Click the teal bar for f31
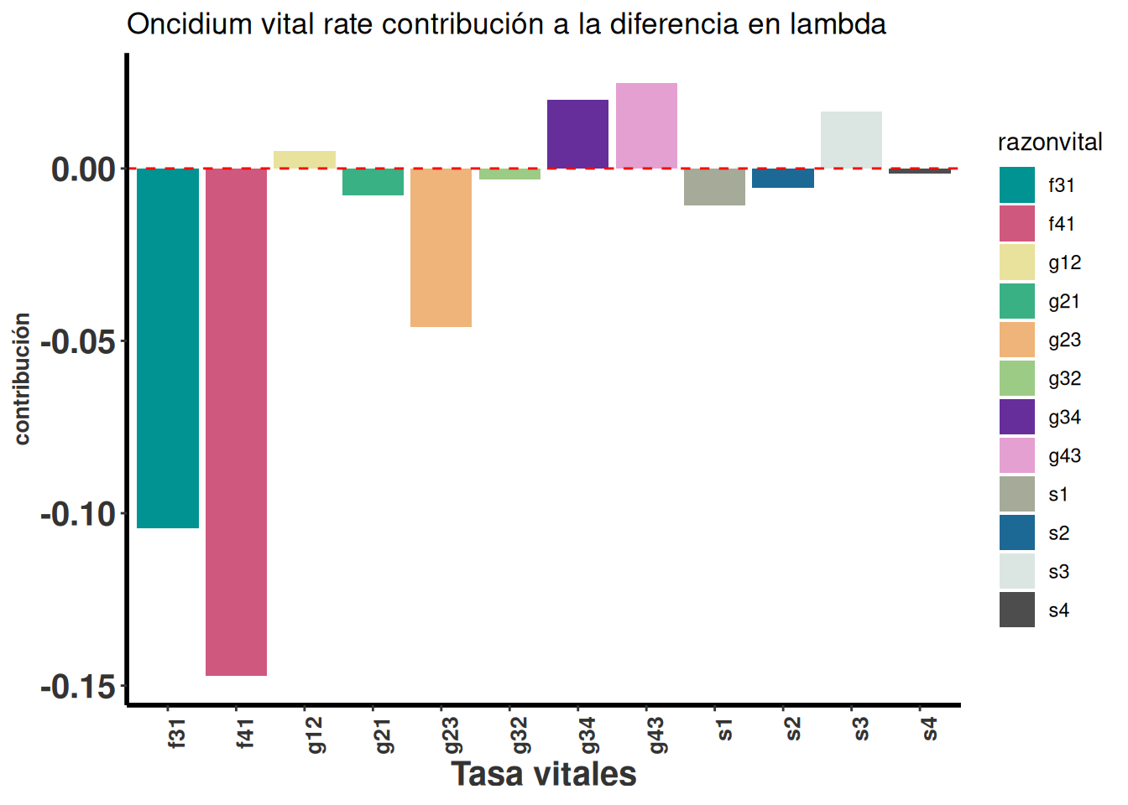168,348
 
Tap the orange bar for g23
441,247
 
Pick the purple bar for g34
577,134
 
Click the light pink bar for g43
646,126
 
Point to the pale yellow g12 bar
305,159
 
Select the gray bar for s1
714,187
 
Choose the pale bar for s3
851,140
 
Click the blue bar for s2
783,178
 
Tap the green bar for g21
373,182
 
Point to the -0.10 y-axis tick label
78,514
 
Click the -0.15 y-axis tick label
78,687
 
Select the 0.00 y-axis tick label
83,169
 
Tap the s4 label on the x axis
929,730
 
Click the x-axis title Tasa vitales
544,774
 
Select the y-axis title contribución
22,379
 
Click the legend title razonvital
1050,143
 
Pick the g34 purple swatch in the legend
1016,417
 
